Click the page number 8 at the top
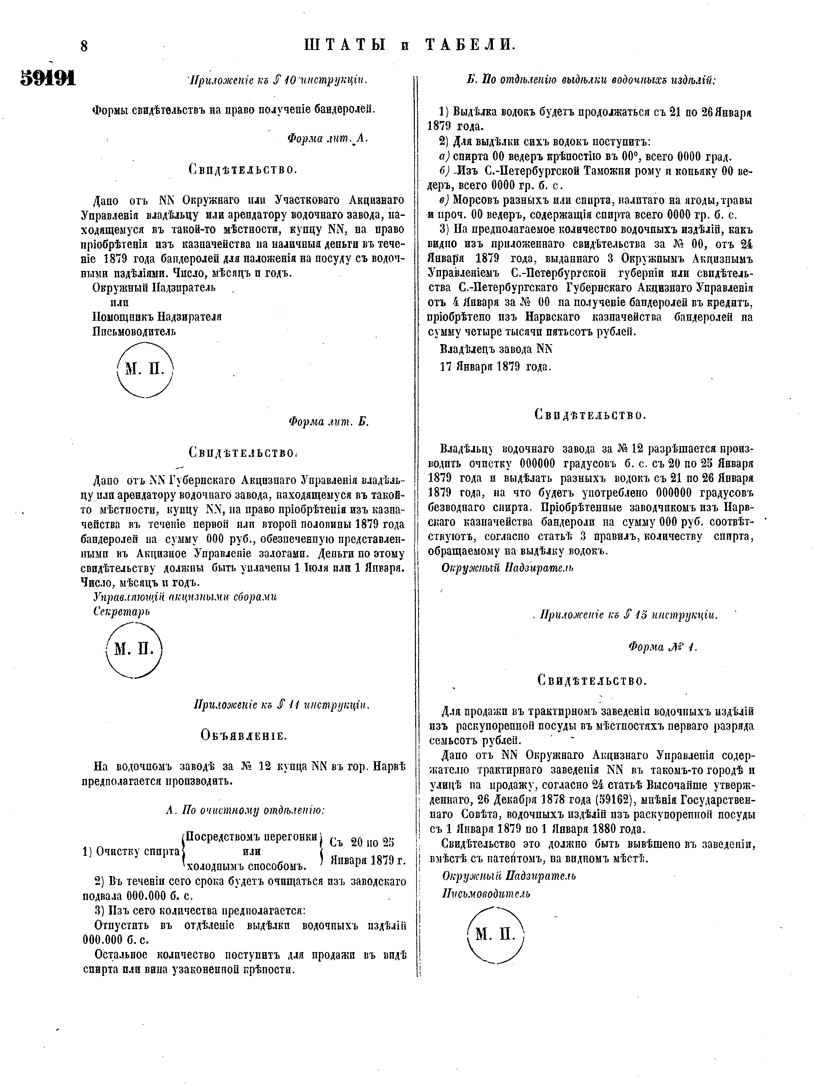pos(84,47)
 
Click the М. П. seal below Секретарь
pos(134,649)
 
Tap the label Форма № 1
pos(662,647)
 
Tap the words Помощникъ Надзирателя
pos(157,317)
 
